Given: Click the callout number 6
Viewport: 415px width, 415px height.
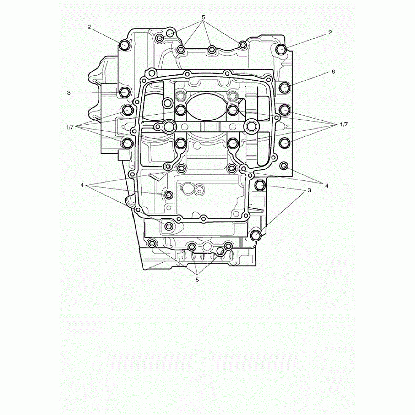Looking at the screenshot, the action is (333, 72).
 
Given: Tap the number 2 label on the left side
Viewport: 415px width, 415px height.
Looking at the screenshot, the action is (89, 27).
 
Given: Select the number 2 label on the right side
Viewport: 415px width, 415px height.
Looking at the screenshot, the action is (330, 33).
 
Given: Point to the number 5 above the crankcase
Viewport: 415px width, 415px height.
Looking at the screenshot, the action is (203, 17).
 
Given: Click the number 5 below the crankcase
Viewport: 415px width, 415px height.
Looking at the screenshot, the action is (197, 280).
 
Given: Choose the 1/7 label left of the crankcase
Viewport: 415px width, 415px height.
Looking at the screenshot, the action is (70, 127).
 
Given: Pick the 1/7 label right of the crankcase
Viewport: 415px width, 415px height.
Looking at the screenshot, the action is (344, 124).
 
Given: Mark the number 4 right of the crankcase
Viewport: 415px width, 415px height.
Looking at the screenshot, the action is (326, 186).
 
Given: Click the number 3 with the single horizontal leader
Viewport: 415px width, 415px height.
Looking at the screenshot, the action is (69, 93).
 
